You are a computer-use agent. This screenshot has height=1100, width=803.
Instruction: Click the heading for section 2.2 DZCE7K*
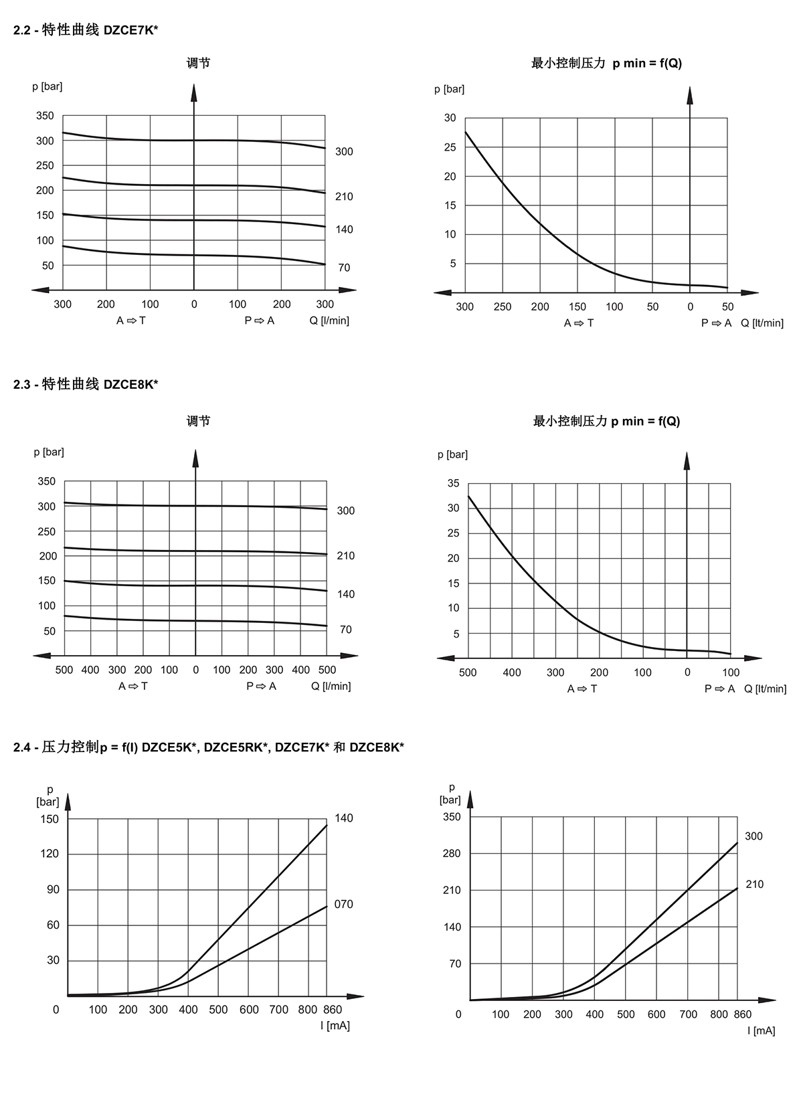click(86, 30)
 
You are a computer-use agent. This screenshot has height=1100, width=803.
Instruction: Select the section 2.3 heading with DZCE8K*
click(86, 384)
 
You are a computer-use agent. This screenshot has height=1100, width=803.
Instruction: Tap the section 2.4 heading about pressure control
click(209, 747)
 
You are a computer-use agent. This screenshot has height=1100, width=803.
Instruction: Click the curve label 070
click(343, 904)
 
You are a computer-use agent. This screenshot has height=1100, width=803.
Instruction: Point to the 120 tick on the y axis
click(49, 854)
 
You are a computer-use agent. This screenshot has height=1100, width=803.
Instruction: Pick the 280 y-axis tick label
click(451, 853)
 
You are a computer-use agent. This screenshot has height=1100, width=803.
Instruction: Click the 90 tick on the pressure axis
click(53, 889)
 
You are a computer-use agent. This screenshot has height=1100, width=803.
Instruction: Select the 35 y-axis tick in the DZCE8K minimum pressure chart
click(453, 483)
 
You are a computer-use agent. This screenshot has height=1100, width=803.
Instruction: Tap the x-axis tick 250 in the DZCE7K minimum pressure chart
click(503, 307)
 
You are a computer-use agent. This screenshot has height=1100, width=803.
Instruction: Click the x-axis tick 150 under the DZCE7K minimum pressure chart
click(577, 307)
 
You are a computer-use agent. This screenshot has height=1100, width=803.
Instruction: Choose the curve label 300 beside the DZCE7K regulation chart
click(344, 152)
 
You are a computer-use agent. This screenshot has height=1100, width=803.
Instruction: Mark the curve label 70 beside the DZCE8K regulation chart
click(346, 630)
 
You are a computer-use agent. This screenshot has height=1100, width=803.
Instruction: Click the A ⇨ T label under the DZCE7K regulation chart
click(131, 320)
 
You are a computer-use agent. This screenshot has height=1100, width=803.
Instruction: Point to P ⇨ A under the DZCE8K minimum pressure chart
click(719, 689)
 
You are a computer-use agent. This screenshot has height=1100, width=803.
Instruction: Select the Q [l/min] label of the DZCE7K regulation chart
click(329, 320)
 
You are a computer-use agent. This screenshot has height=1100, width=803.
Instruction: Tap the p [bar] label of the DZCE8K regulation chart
click(49, 452)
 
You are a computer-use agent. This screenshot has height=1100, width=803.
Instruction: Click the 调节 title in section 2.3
click(199, 421)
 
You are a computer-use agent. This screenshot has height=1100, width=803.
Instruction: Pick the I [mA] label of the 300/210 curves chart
click(762, 1031)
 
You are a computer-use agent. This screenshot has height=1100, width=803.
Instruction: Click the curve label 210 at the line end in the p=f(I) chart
click(754, 885)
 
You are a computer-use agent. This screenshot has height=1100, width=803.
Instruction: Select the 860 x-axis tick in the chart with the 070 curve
click(333, 1010)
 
